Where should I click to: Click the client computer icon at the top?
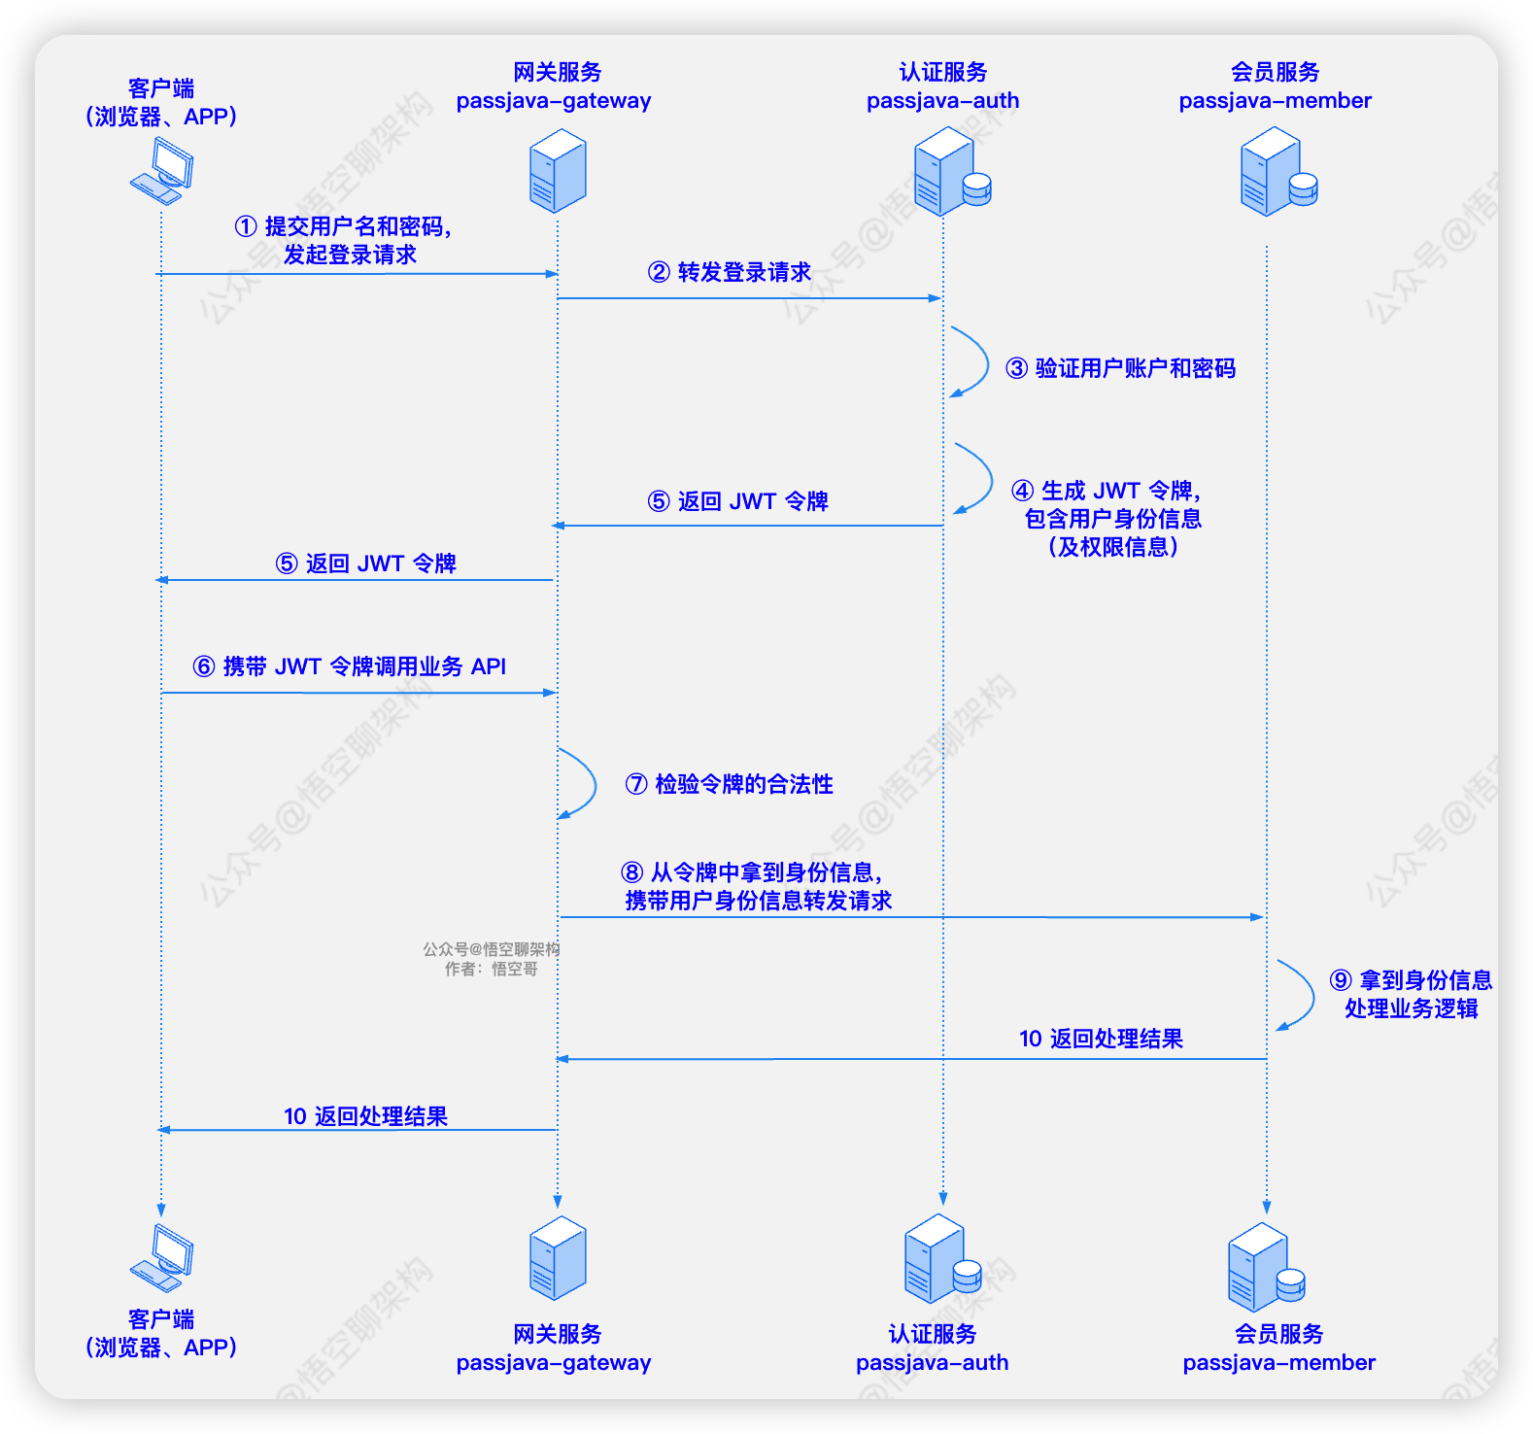coord(162,171)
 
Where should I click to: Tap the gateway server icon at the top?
coord(558,171)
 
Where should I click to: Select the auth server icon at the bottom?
coord(941,1260)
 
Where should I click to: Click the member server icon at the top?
coord(1277,172)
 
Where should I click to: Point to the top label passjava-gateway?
coord(554,101)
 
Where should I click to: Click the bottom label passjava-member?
coord(1278,1362)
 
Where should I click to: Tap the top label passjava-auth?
coord(942,101)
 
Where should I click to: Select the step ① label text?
coord(344,240)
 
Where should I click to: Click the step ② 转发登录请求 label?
coord(730,272)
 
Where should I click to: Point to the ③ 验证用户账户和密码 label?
coord(1121,368)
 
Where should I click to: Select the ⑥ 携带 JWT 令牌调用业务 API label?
coord(350,666)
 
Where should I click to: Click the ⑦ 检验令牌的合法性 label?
coord(730,784)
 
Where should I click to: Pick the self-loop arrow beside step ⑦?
coord(582,783)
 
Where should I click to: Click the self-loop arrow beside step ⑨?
coord(1300,994)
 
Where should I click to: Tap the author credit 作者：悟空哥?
coord(492,969)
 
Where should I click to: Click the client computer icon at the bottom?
coord(162,1258)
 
